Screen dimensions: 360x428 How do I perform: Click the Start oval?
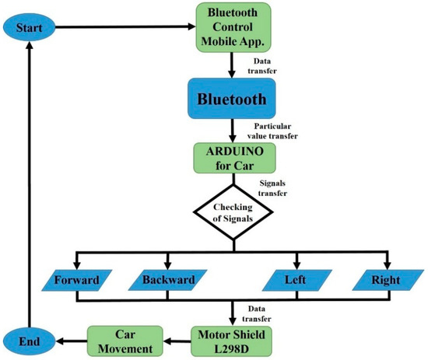coord(30,28)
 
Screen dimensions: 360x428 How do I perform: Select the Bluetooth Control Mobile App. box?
coord(233,28)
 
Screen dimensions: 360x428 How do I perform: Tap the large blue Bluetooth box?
coord(233,100)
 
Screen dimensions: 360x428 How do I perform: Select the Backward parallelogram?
coord(168,279)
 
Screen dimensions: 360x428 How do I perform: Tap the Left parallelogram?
coord(295,279)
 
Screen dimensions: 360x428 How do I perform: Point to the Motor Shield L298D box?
coord(233,341)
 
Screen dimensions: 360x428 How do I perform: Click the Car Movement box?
coord(127,341)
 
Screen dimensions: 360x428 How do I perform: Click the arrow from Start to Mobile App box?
coord(125,29)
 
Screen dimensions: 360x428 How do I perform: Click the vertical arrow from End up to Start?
coord(29,179)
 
